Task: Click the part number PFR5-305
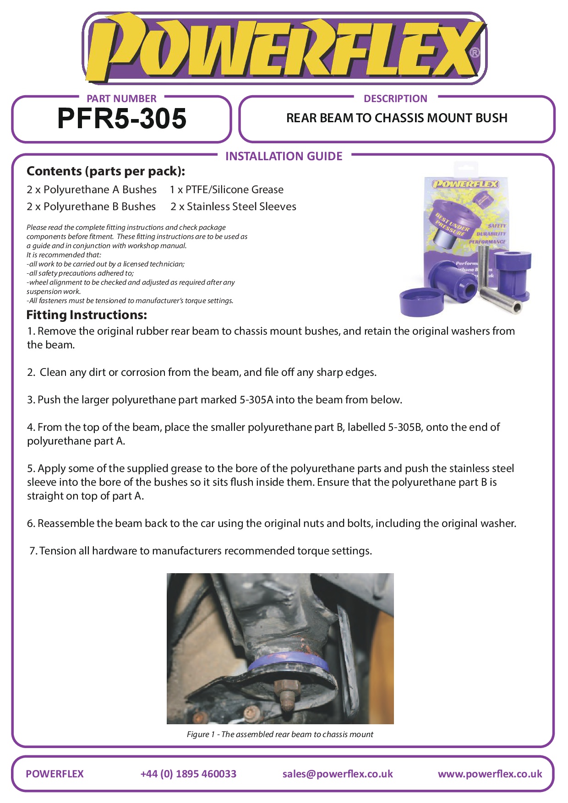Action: click(122, 119)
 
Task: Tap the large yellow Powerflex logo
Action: click(284, 48)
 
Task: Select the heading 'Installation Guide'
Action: click(284, 157)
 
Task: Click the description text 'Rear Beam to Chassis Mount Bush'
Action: click(397, 118)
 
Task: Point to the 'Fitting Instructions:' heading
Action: click(87, 315)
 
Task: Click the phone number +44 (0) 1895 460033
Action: click(188, 774)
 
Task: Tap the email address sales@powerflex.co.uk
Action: click(338, 774)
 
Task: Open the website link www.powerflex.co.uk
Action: click(490, 774)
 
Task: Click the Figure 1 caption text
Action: click(280, 734)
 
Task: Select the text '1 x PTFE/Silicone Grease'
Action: click(226, 190)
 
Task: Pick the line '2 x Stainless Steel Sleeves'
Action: click(233, 206)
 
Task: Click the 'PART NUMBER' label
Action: click(121, 98)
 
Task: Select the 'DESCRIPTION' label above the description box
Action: click(395, 98)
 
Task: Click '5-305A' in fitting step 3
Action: click(256, 400)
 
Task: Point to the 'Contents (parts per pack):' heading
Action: click(106, 171)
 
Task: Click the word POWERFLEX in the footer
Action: click(55, 774)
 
